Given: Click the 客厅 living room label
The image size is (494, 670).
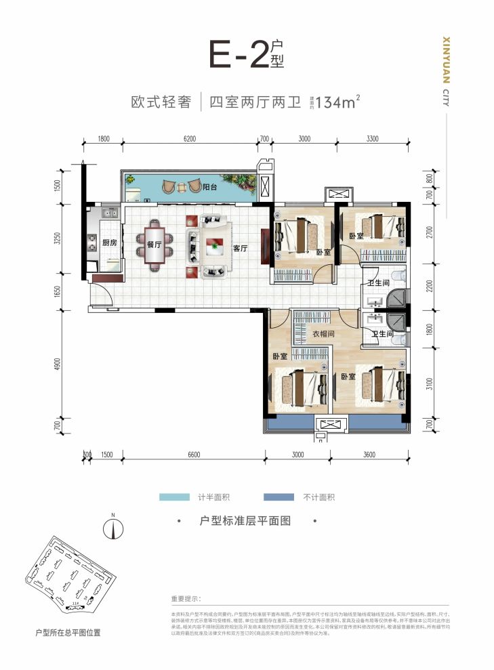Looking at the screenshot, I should coord(240,248).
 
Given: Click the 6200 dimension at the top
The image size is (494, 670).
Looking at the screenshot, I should coord(189,139).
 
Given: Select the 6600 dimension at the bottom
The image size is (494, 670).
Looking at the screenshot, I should coord(194,455).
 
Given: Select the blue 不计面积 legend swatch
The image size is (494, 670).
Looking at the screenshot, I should coord(274,497).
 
